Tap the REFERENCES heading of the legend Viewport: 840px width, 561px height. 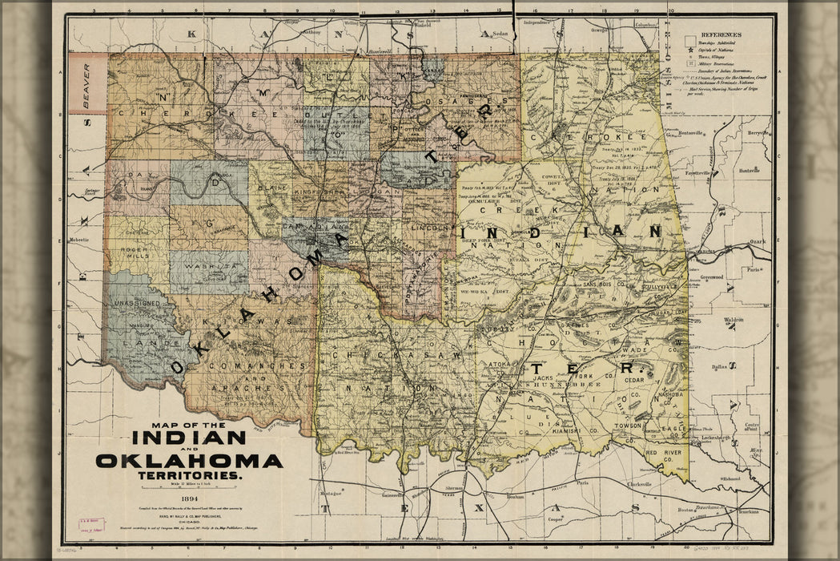pyautogui.click(x=720, y=35)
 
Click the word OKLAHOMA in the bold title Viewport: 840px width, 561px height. pyautogui.click(x=189, y=461)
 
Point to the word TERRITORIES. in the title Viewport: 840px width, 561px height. pyautogui.click(x=190, y=476)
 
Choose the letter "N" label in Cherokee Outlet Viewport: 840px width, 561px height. pyautogui.click(x=147, y=98)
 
